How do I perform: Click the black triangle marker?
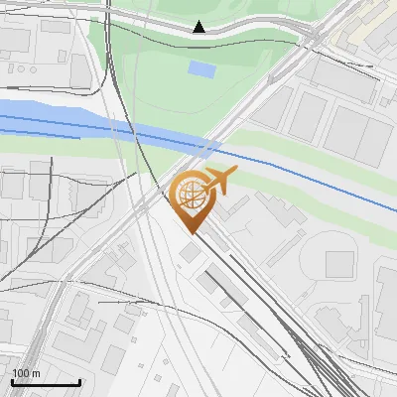coord(199,27)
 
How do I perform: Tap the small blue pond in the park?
coord(201,69)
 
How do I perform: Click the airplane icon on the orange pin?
coord(219,183)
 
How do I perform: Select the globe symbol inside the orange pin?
coord(190,195)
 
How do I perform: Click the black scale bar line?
coord(45,383)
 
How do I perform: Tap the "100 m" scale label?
coord(26,373)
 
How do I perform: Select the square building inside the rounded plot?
coord(339,263)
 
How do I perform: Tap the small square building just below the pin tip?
coord(190,252)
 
